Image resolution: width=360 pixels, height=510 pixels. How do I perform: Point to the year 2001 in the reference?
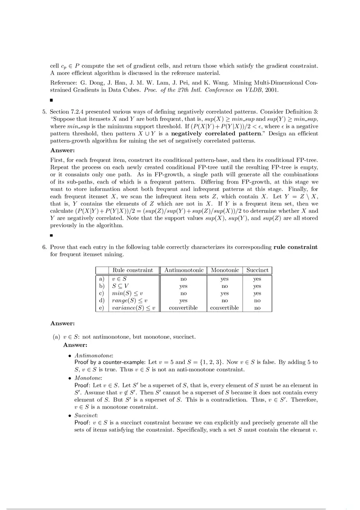tap(272, 90)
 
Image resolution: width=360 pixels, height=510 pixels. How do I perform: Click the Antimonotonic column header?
tap(184, 270)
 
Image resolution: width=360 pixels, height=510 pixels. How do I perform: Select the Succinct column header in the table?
tap(257, 270)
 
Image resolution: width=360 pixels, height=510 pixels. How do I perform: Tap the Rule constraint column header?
tap(133, 270)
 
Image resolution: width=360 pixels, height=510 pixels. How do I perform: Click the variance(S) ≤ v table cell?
tap(134, 308)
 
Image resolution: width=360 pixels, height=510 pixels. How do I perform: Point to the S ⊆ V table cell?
tap(120, 286)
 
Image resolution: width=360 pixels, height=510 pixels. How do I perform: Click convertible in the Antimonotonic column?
tap(183, 308)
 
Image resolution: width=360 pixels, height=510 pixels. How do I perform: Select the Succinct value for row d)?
tap(257, 301)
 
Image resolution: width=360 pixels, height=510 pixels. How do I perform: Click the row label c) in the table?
tap(102, 293)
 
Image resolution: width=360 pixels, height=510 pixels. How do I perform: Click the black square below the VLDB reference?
tap(52, 100)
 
